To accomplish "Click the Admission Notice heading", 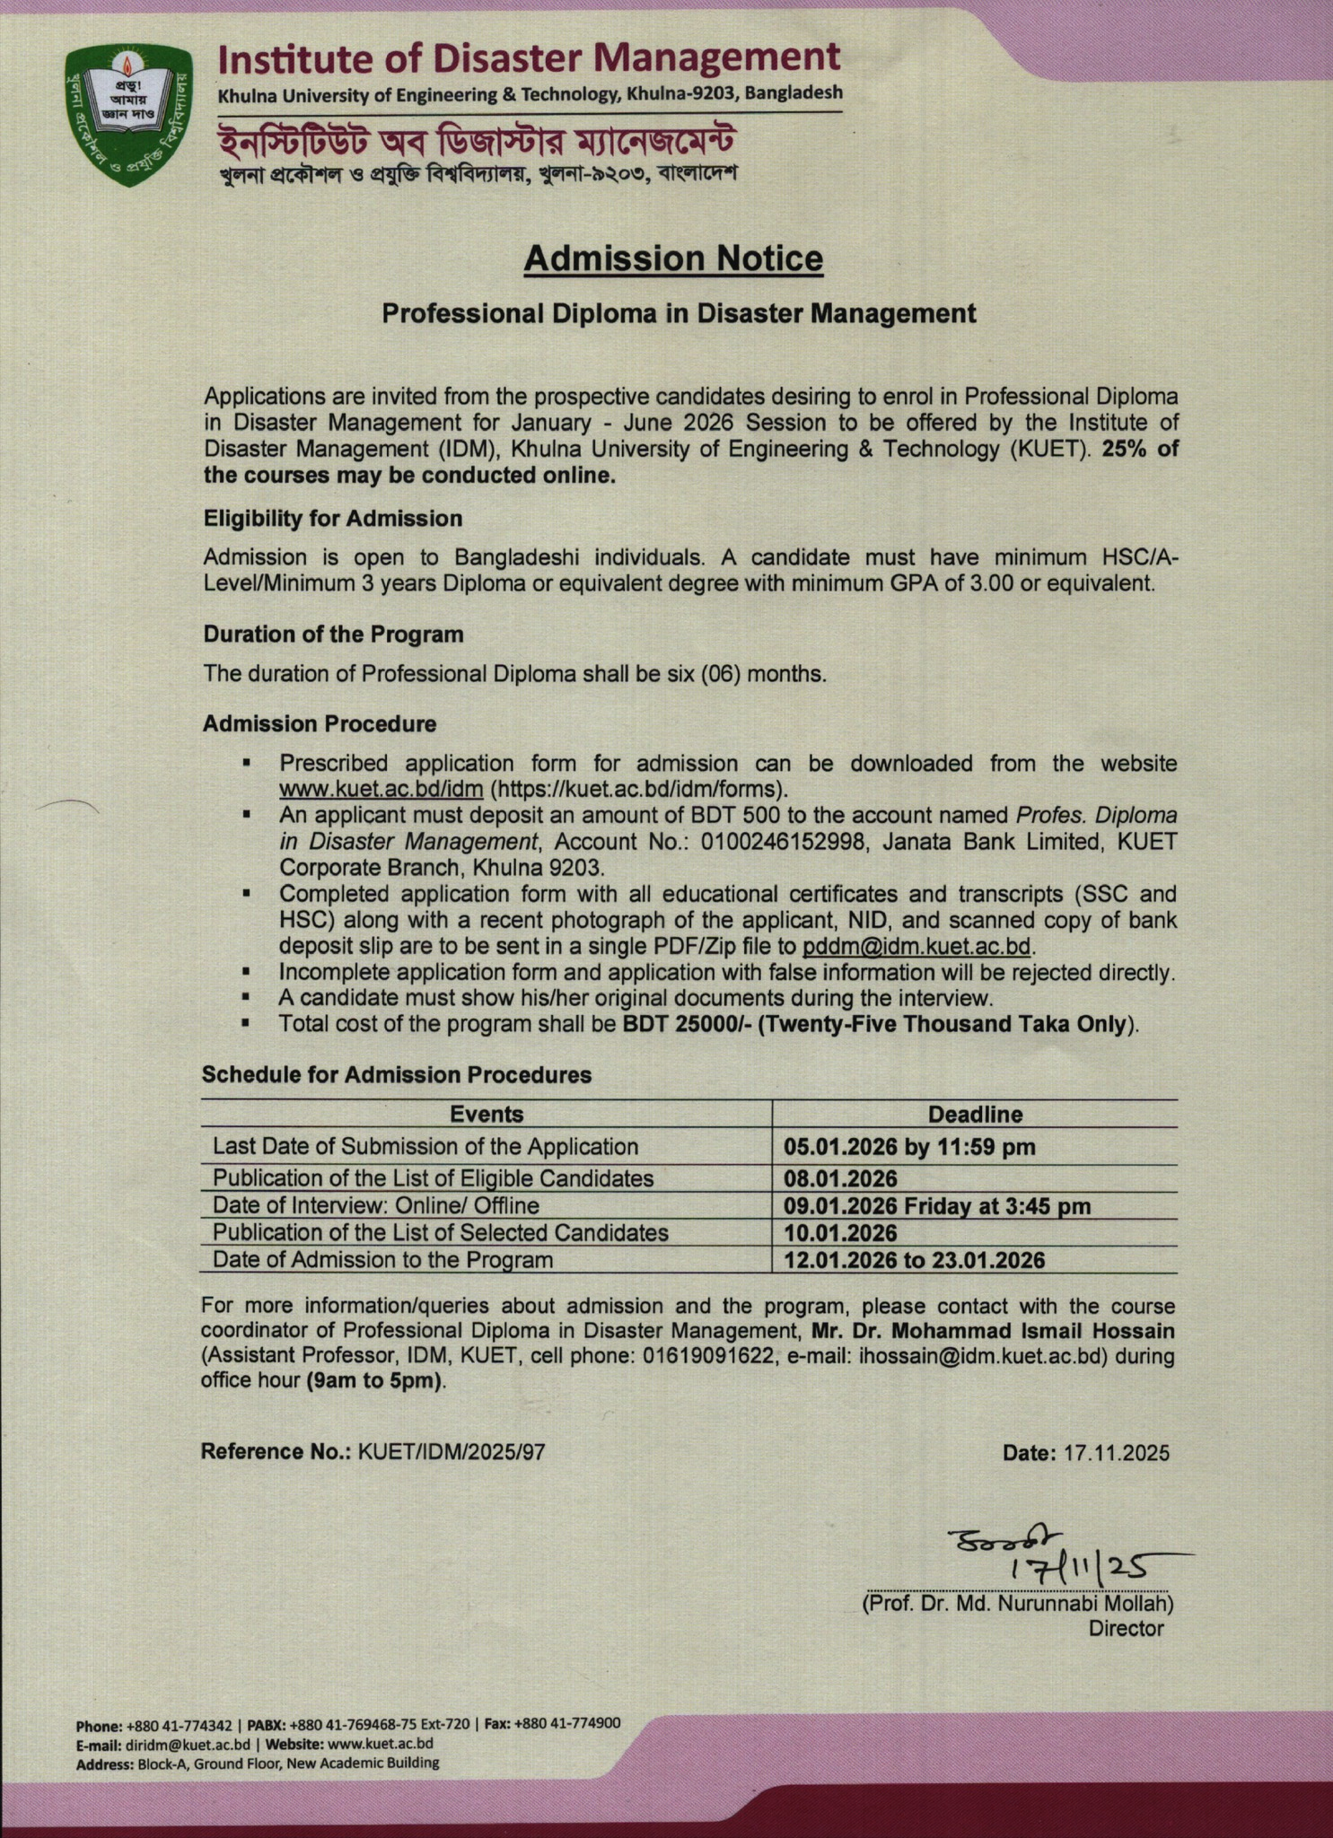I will pyautogui.click(x=673, y=259).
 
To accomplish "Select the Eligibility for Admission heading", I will pyautogui.click(x=332, y=519).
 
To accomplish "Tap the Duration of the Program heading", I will pyautogui.click(x=333, y=635).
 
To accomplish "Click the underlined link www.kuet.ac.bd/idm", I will pyautogui.click(x=381, y=790).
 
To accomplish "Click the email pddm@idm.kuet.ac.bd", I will pyautogui.click(x=916, y=947).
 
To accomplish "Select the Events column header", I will pyautogui.click(x=486, y=1114).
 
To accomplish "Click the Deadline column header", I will pyautogui.click(x=975, y=1114).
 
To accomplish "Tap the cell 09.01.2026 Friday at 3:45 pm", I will pyautogui.click(x=936, y=1206).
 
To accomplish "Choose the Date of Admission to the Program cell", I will pyautogui.click(x=382, y=1260).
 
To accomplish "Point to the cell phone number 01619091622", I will pyautogui.click(x=708, y=1355).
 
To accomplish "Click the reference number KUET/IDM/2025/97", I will pyautogui.click(x=452, y=1452).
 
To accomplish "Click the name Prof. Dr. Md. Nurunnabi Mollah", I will pyautogui.click(x=1017, y=1603).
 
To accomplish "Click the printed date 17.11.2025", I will pyautogui.click(x=1117, y=1453).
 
